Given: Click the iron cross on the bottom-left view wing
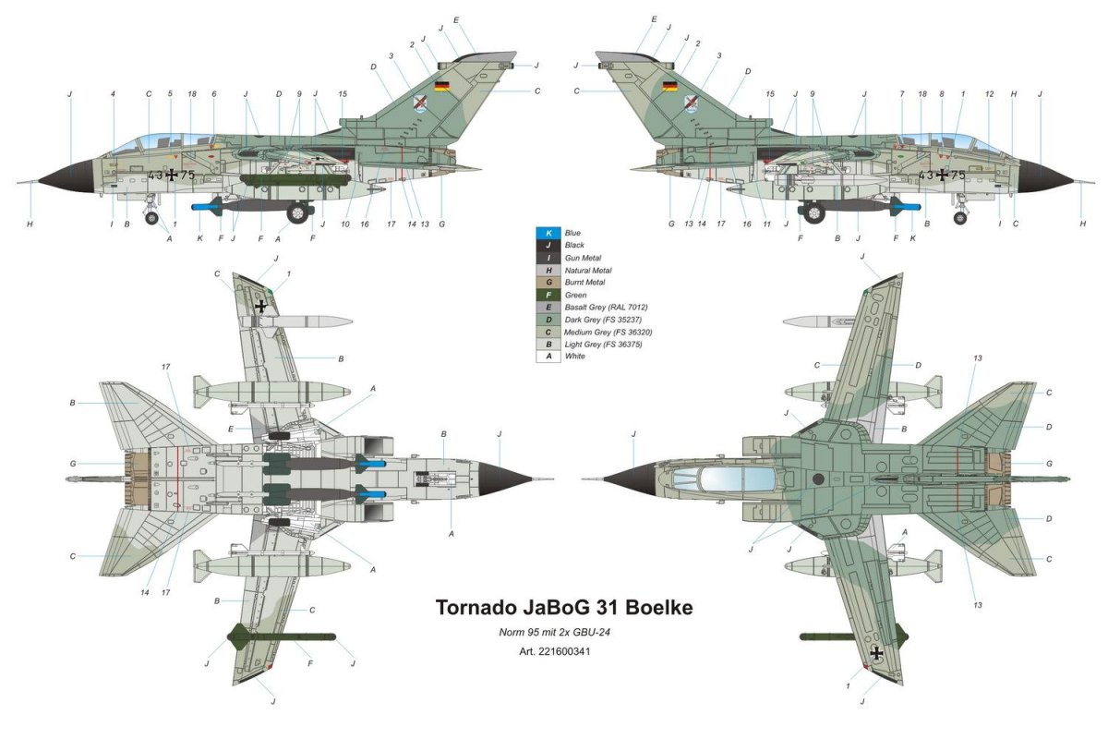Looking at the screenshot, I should tap(261, 306).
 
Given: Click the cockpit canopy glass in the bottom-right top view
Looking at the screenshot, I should tap(726, 479).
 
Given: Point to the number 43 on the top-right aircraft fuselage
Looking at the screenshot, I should tap(924, 174).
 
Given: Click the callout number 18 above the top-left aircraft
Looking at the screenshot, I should tap(191, 93).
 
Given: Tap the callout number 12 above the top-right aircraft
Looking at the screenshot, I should tap(989, 93).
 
